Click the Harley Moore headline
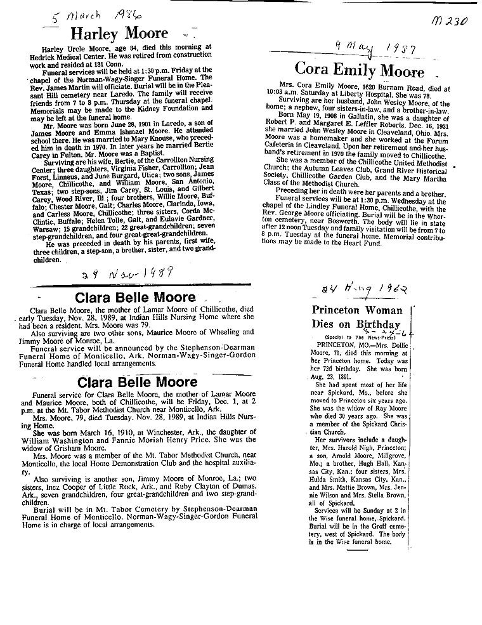(119, 34)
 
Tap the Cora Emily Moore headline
(360, 70)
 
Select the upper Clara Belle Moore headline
(136, 298)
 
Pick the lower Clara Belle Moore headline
(137, 382)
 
